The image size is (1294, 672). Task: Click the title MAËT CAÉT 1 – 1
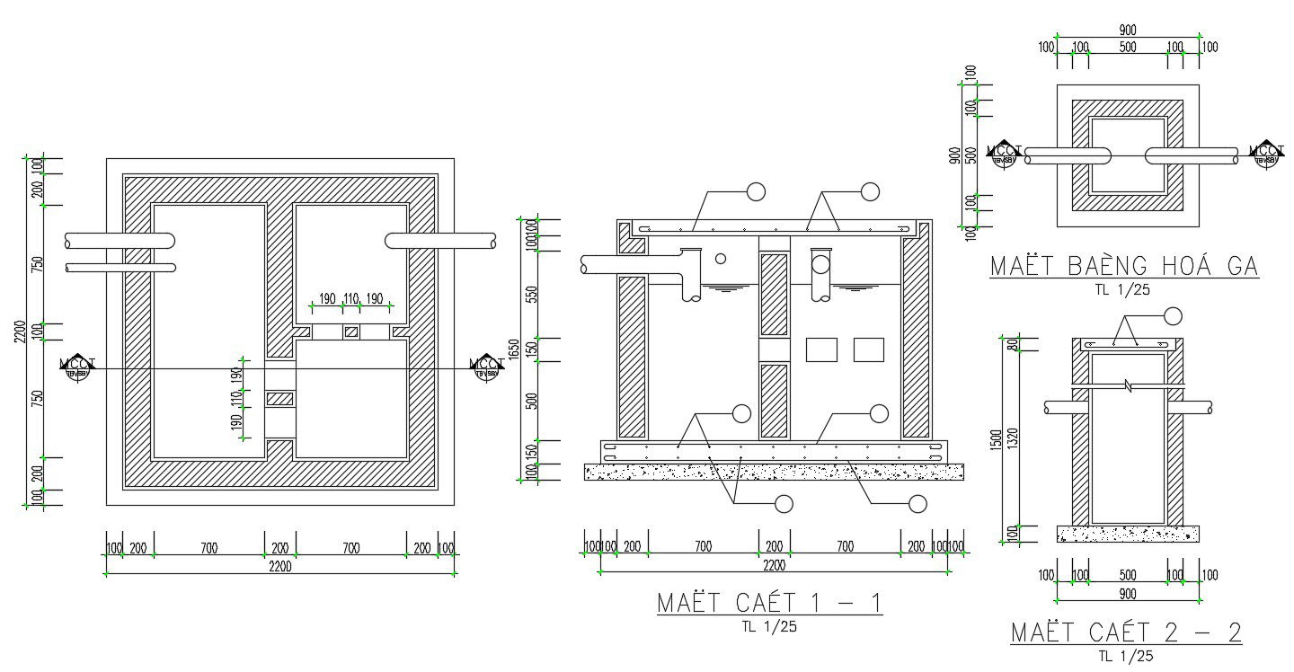(x=769, y=602)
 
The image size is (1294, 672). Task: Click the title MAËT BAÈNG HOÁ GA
(x=1123, y=267)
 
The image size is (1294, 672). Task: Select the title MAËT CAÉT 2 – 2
(x=1126, y=632)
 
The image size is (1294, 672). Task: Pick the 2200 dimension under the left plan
(x=280, y=566)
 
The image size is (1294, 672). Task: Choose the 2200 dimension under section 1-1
(x=774, y=566)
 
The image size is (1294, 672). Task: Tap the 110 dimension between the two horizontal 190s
(x=351, y=299)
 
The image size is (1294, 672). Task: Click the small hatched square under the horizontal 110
(x=351, y=332)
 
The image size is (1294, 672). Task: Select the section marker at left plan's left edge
(x=76, y=367)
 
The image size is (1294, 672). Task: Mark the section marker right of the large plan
(x=487, y=367)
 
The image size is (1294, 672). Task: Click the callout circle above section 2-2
(x=1173, y=315)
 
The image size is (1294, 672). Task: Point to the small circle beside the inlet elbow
(x=720, y=259)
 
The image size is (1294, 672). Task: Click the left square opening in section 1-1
(x=821, y=349)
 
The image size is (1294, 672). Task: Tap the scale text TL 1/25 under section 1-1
(x=769, y=627)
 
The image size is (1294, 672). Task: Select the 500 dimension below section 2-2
(x=1128, y=575)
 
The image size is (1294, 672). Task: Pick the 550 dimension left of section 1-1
(x=531, y=294)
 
